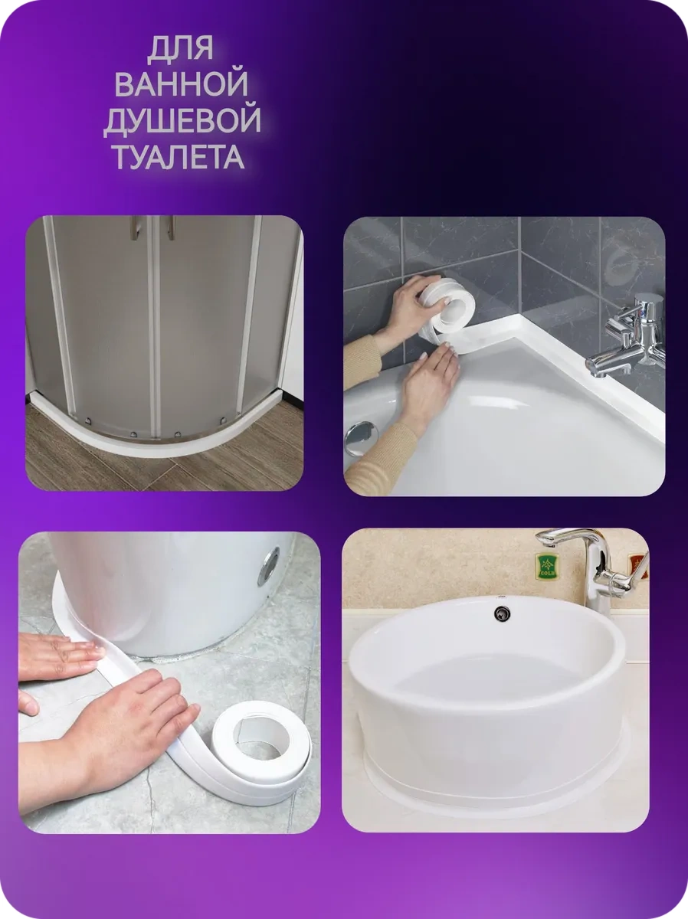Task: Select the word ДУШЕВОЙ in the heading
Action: click(x=182, y=122)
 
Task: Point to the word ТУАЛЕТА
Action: click(x=179, y=157)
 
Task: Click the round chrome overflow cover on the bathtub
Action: click(x=359, y=439)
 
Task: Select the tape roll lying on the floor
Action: click(x=260, y=741)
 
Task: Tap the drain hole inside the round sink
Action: click(x=503, y=613)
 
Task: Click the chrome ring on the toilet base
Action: click(x=268, y=567)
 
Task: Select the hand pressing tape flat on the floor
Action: click(x=57, y=657)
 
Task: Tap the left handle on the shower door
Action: click(x=136, y=227)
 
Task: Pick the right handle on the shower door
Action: click(x=170, y=227)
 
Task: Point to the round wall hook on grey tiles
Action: click(x=621, y=264)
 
